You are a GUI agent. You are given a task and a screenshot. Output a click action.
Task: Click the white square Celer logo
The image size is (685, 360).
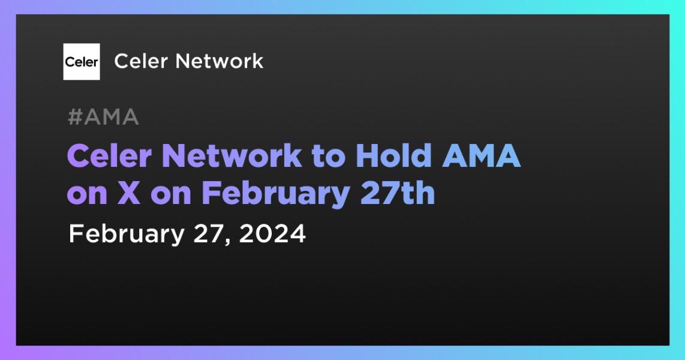click(82, 62)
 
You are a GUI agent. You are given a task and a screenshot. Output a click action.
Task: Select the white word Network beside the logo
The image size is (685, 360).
click(220, 61)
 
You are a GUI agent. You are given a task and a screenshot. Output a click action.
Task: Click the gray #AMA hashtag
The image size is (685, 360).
click(104, 117)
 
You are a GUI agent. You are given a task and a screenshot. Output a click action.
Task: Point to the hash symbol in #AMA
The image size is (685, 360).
click(75, 117)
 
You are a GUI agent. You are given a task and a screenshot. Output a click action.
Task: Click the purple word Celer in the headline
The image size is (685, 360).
click(109, 155)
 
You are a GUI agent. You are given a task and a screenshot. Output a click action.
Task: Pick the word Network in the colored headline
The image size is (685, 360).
click(232, 155)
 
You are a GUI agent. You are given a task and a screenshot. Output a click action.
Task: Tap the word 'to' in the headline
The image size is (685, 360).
click(329, 157)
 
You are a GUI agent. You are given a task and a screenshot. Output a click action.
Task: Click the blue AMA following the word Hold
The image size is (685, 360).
click(482, 156)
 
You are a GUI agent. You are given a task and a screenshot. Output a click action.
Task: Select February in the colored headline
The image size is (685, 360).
click(276, 195)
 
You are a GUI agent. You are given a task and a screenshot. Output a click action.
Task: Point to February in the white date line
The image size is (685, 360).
click(127, 235)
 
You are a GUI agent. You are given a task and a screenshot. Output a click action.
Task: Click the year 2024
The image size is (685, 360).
click(272, 234)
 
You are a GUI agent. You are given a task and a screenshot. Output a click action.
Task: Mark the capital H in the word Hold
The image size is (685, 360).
click(368, 156)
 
